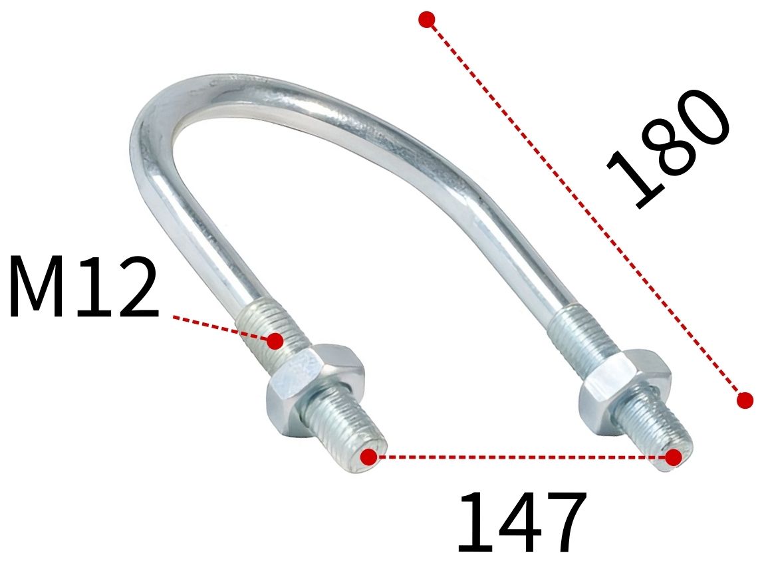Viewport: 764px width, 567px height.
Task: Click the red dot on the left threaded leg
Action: tap(275, 341)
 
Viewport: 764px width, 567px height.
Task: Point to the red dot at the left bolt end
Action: tap(368, 457)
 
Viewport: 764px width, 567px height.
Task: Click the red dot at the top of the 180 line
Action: tap(427, 19)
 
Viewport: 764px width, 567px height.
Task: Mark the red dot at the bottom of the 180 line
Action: tap(745, 400)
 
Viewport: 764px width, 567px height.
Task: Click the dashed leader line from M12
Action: tap(219, 327)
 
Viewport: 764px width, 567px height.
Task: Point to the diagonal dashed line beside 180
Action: tap(585, 209)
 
